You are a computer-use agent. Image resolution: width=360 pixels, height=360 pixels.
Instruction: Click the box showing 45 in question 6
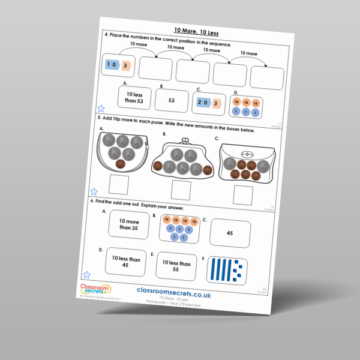click(230, 233)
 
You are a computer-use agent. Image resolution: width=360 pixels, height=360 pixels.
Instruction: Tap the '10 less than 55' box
click(176, 266)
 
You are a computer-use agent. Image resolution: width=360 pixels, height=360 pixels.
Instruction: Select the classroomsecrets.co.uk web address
click(175, 289)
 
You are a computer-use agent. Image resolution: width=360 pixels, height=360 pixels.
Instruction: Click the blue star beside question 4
click(101, 109)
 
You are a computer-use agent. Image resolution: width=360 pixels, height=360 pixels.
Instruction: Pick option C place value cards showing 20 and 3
click(209, 103)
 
